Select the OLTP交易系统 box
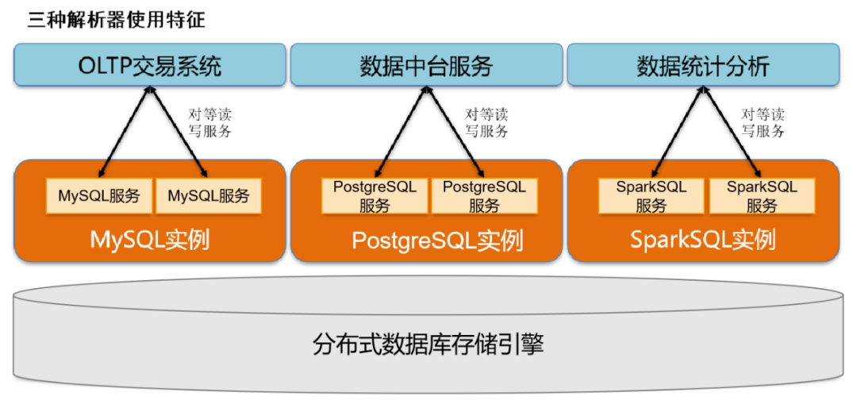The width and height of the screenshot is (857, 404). coord(149,65)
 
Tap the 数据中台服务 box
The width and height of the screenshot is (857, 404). coord(426,65)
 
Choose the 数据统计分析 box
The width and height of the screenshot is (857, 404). coord(703,65)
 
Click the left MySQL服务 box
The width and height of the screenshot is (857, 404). coord(99,196)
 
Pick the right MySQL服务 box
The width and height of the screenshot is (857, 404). coord(209,196)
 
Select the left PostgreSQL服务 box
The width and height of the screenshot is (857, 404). coord(375,196)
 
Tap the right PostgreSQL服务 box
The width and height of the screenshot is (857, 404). coord(484,196)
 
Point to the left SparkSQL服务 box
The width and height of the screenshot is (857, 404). coord(651,196)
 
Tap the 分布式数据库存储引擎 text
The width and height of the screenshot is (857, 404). coord(428,344)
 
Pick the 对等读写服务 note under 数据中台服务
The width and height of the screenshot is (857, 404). coord(486,123)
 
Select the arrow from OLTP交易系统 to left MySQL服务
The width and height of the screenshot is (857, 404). coord(125,129)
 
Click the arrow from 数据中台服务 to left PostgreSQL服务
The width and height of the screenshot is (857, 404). coord(402,129)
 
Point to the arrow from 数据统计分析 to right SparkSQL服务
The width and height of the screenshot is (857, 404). coord(729,129)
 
